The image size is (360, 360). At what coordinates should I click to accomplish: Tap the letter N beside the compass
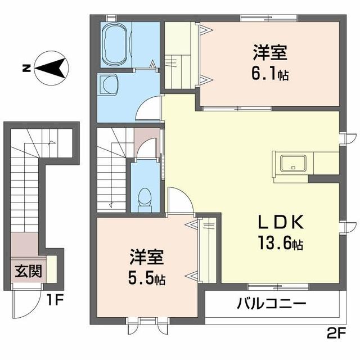[26, 69]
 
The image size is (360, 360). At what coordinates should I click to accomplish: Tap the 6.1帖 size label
[271, 74]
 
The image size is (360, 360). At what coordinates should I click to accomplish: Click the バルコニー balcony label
[271, 304]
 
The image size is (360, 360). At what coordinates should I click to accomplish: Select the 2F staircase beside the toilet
[112, 169]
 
